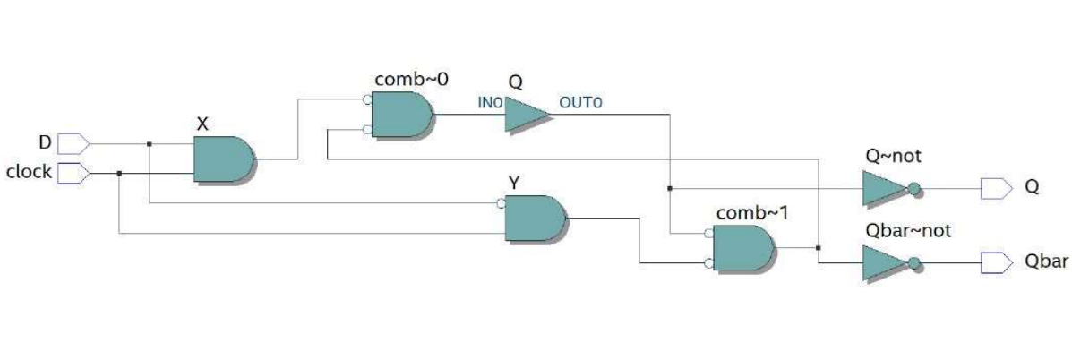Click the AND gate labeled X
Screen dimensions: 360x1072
tap(223, 159)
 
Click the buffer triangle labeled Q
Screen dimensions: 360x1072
tap(525, 115)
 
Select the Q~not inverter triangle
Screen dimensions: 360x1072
tap(881, 189)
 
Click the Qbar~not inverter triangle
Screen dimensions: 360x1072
tap(881, 263)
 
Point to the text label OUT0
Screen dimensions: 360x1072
tap(580, 103)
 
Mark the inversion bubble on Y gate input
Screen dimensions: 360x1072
tap(502, 204)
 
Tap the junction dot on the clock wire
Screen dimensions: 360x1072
tap(119, 174)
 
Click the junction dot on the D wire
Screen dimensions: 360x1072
tap(149, 143)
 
